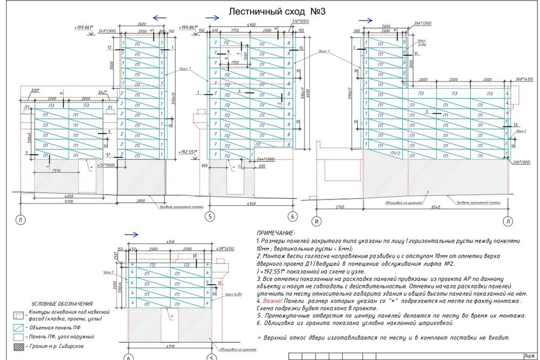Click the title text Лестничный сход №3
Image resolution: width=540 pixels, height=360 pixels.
[276, 11]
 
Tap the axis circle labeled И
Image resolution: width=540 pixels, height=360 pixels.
[317, 221]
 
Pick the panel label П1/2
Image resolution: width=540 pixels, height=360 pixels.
[395, 154]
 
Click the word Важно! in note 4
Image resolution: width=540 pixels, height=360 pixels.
[274, 299]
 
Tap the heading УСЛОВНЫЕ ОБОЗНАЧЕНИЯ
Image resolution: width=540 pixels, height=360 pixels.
[62, 304]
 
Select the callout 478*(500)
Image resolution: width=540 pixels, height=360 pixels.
[106, 164]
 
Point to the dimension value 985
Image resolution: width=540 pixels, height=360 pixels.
[205, 166]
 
